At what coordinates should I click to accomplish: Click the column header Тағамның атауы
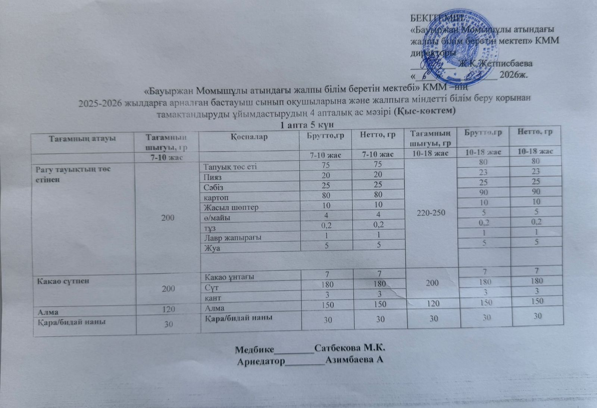(x=82, y=138)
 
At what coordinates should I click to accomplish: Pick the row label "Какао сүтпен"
(x=63, y=281)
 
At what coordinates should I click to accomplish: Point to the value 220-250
(x=431, y=213)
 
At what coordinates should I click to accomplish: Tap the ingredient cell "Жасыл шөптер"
(x=231, y=207)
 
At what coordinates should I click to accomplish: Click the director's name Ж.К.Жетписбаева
(x=496, y=63)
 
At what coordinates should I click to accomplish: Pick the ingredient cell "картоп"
(x=216, y=197)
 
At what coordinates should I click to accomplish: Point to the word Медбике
(x=254, y=349)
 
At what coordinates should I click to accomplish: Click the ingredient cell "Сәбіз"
(x=214, y=187)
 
